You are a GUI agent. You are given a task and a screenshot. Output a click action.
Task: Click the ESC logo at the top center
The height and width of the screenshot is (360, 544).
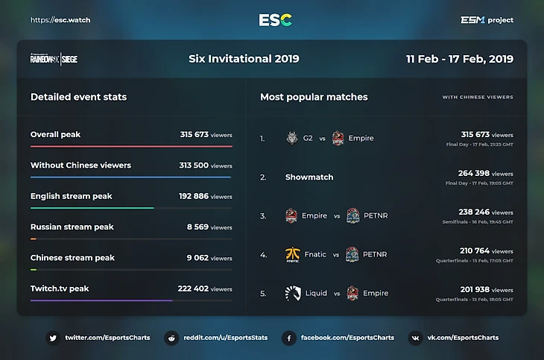click(275, 20)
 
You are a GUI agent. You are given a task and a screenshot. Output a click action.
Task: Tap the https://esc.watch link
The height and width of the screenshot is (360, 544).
click(60, 20)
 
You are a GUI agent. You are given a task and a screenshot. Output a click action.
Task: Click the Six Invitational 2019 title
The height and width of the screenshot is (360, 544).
click(244, 59)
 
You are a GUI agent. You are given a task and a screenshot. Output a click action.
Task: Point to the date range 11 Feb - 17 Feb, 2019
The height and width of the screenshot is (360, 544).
click(460, 59)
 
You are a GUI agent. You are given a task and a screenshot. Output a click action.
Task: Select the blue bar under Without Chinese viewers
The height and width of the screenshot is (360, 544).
click(130, 177)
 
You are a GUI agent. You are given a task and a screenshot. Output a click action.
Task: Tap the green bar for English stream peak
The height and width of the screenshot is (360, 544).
click(92, 208)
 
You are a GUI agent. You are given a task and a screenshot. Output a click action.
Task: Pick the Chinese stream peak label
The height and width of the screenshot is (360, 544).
click(72, 258)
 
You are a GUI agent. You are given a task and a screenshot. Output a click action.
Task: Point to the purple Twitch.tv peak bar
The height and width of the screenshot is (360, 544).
click(101, 300)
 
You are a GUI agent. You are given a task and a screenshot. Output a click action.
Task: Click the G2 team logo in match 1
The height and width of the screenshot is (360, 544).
click(291, 138)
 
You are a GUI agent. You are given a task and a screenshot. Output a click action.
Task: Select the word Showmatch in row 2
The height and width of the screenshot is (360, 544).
click(309, 177)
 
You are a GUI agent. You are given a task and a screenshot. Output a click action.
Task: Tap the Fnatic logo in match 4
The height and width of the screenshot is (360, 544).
click(292, 255)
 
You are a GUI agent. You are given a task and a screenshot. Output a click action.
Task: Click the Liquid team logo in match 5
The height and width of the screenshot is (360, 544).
click(292, 294)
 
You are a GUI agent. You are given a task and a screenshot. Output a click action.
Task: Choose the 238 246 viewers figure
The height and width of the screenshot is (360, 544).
click(474, 212)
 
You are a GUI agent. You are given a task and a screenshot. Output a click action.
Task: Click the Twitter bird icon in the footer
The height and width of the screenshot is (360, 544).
click(53, 338)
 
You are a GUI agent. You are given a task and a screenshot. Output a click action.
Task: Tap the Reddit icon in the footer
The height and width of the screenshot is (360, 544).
click(171, 338)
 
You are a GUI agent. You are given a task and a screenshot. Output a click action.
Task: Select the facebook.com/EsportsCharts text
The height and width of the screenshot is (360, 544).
click(347, 338)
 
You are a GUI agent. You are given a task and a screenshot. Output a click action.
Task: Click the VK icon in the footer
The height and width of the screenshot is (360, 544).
click(415, 338)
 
